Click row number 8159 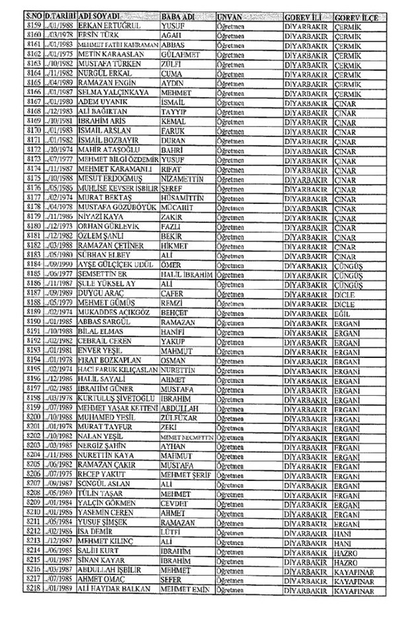[x=34, y=25]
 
